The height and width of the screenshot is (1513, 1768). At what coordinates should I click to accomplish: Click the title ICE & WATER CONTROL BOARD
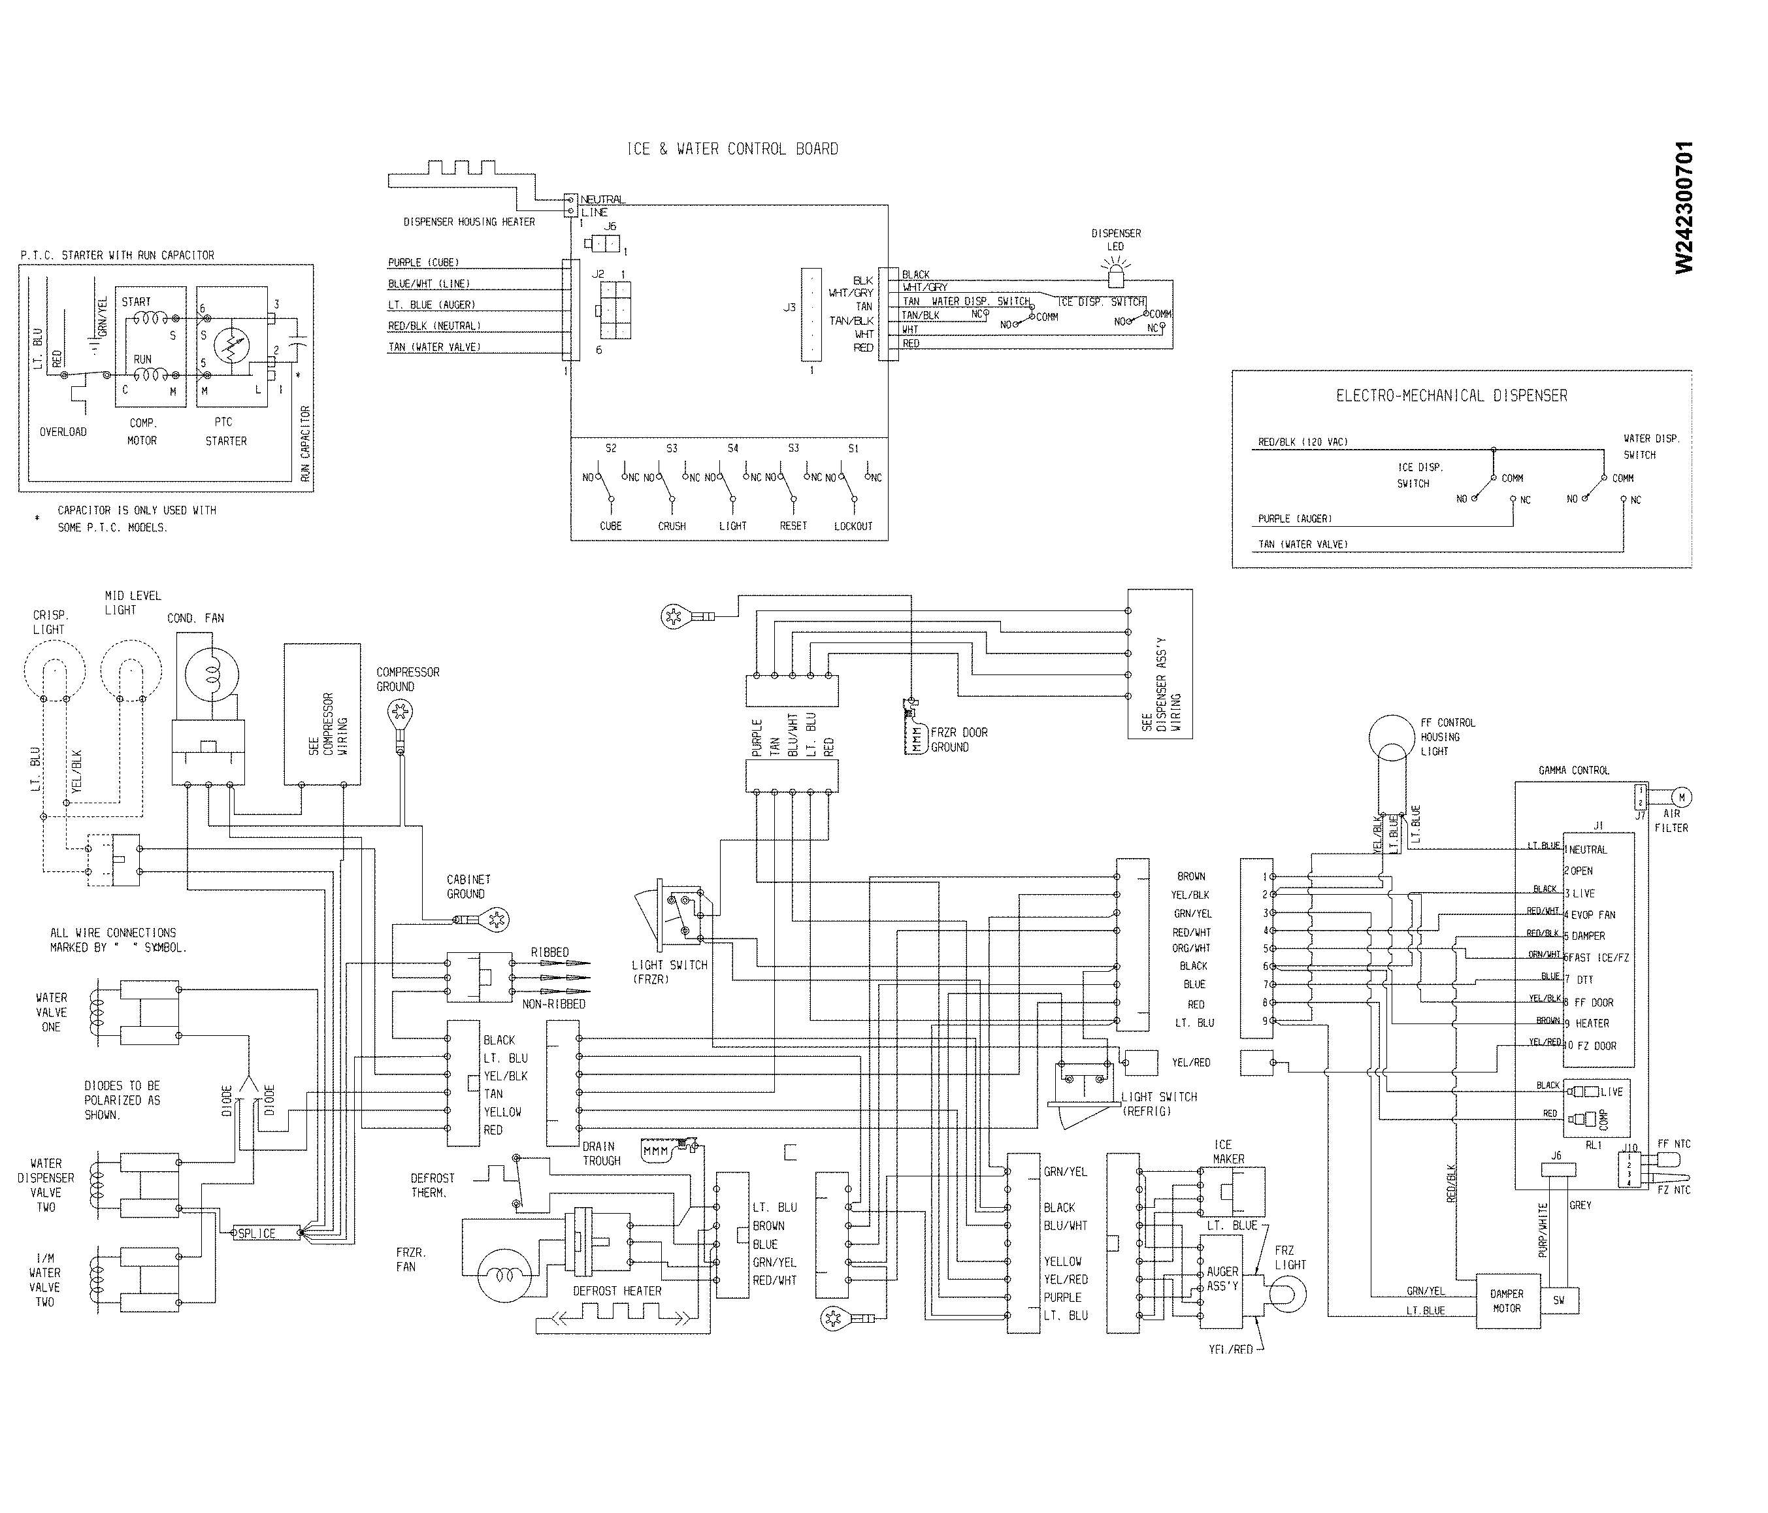(x=732, y=149)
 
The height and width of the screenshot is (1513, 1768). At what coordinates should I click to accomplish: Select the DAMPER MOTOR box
(x=1507, y=1301)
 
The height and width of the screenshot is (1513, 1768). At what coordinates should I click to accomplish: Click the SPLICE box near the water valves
(x=257, y=1234)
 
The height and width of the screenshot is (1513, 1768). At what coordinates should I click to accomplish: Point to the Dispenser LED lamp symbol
(x=1115, y=274)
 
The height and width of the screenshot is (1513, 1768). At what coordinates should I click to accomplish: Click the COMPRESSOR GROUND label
(x=408, y=679)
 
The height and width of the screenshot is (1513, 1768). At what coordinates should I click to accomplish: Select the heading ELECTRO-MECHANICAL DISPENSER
(x=1451, y=396)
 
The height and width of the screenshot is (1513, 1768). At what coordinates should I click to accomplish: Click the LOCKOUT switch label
(x=853, y=527)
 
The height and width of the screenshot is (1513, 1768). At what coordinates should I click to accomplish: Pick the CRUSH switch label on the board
(x=672, y=527)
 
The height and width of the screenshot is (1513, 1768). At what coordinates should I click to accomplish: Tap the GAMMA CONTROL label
(x=1573, y=771)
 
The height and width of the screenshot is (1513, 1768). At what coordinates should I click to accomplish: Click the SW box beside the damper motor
(x=1559, y=1301)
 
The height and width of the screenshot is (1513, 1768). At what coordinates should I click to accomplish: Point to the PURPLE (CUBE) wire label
(x=423, y=263)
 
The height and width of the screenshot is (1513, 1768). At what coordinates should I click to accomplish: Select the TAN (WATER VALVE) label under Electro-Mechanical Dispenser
(x=1303, y=544)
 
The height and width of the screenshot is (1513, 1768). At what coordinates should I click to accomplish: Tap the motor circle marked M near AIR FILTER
(x=1681, y=797)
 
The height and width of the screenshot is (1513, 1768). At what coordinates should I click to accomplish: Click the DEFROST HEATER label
(x=617, y=1291)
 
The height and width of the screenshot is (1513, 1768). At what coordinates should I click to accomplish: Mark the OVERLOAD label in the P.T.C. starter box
(x=63, y=432)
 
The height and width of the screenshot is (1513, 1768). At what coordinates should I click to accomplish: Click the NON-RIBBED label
(x=553, y=1005)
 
